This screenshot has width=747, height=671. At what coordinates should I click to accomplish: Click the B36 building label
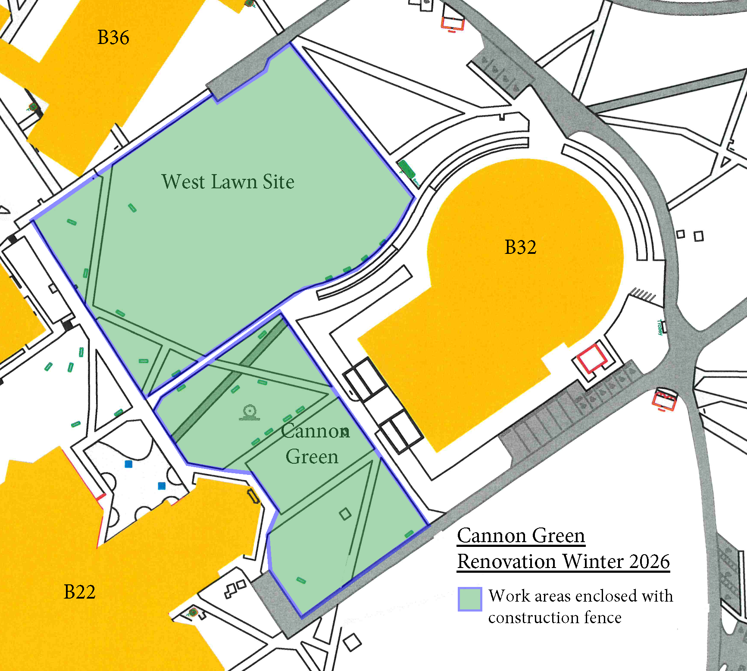click(113, 37)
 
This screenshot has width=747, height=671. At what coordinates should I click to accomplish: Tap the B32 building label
click(520, 247)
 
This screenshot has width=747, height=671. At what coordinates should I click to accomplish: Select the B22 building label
click(79, 592)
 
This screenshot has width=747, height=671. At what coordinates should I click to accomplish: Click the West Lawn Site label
click(228, 182)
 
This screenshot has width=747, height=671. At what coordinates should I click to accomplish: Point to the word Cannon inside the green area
click(315, 431)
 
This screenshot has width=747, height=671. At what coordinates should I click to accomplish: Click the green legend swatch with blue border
click(469, 599)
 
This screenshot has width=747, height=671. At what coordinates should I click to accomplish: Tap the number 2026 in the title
click(649, 562)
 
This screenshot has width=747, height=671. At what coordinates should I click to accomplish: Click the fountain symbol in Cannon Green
click(249, 413)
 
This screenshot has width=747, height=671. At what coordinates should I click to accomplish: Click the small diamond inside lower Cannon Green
click(345, 514)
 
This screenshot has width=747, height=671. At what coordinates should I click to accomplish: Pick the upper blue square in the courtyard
click(128, 464)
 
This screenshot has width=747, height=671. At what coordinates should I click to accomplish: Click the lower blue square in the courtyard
click(162, 486)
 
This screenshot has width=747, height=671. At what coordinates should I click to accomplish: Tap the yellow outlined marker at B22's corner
click(253, 496)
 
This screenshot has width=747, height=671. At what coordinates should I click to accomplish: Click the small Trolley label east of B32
click(659, 327)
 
